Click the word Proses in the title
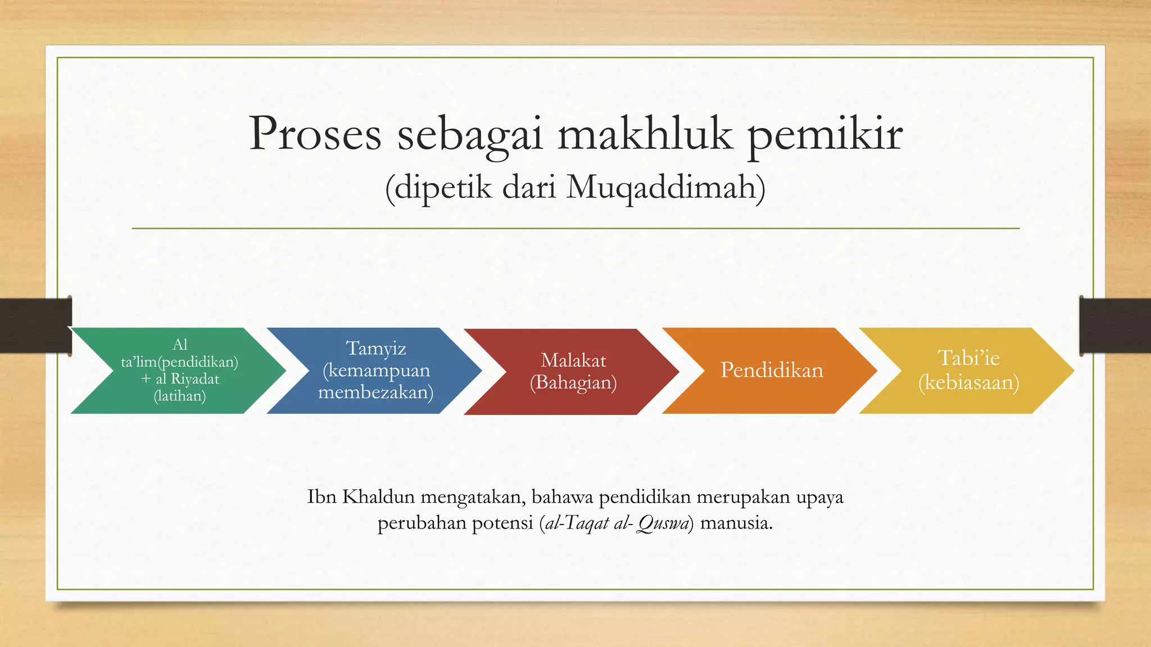point(315,134)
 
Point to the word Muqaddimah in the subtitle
point(665,188)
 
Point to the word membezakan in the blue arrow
point(375,392)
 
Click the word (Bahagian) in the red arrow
point(573,382)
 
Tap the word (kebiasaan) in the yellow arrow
point(968,382)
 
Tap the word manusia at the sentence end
point(736,523)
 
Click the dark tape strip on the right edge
point(1115,326)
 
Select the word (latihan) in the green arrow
point(179,397)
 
